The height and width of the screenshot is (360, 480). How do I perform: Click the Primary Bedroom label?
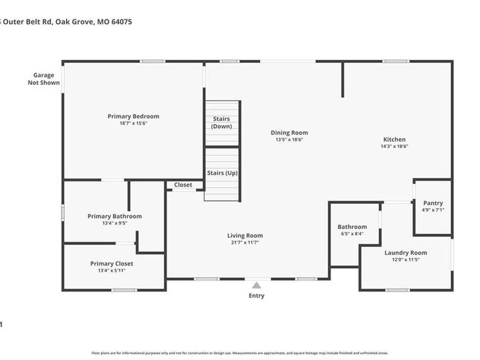click(133, 116)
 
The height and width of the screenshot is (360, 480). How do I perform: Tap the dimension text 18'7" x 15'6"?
click(133, 123)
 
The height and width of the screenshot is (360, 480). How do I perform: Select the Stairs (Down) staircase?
click(222, 123)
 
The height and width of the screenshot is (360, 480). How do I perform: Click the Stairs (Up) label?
click(222, 173)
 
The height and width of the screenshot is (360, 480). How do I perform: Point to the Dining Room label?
click(289, 133)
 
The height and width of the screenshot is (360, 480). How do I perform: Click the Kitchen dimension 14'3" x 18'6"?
click(394, 146)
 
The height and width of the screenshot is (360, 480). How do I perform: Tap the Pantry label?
click(433, 203)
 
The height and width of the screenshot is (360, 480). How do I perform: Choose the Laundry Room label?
click(405, 253)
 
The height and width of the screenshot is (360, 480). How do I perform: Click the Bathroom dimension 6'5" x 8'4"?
click(352, 234)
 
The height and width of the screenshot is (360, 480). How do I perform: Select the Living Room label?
click(245, 236)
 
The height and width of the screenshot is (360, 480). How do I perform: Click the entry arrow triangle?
click(257, 285)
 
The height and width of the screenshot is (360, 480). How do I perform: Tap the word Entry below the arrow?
click(257, 296)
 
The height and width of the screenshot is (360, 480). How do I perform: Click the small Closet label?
click(183, 185)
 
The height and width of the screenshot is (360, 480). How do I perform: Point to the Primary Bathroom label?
click(115, 216)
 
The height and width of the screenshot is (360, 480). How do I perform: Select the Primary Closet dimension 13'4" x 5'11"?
click(111, 270)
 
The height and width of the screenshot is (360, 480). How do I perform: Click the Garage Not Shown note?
click(44, 79)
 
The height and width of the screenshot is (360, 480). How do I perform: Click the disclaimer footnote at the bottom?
click(239, 353)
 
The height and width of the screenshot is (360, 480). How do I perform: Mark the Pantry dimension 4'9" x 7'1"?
click(433, 210)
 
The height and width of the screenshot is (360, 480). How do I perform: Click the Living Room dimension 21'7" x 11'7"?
click(245, 243)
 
